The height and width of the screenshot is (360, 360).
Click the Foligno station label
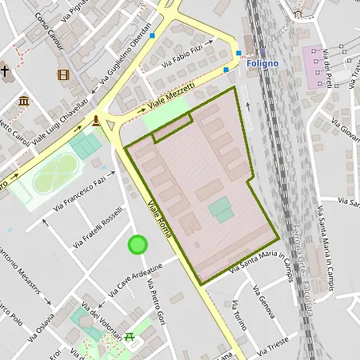[262, 63]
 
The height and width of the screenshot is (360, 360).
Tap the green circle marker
[138, 244]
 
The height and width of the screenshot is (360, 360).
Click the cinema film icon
[63, 74]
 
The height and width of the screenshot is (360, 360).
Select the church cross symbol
[6, 71]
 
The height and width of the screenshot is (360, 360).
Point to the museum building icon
[24, 101]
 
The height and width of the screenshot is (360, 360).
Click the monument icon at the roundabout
[97, 121]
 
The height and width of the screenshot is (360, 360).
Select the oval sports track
[54, 174]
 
